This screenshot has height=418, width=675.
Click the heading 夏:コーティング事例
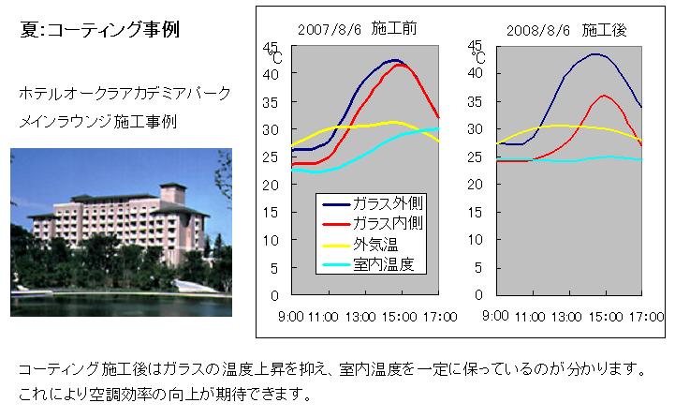point(99,29)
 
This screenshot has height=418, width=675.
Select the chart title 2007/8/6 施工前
point(357,28)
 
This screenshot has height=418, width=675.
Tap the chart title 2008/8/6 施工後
point(566,30)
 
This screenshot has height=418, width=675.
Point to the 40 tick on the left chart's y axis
point(271,74)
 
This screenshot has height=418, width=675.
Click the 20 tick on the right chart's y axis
point(475,185)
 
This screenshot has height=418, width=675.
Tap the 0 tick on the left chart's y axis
point(274,295)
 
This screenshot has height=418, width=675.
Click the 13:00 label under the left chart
point(360,317)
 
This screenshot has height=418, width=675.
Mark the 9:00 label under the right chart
point(495,316)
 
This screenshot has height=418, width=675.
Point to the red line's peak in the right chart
point(605,96)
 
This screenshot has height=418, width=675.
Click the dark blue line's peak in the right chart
point(595,54)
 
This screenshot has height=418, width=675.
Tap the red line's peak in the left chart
point(400,65)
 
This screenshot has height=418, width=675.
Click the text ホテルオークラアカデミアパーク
point(125,93)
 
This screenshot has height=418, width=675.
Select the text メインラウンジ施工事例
point(98,122)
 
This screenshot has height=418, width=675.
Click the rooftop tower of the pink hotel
point(172,192)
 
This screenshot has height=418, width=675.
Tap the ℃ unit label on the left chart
point(276,58)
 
